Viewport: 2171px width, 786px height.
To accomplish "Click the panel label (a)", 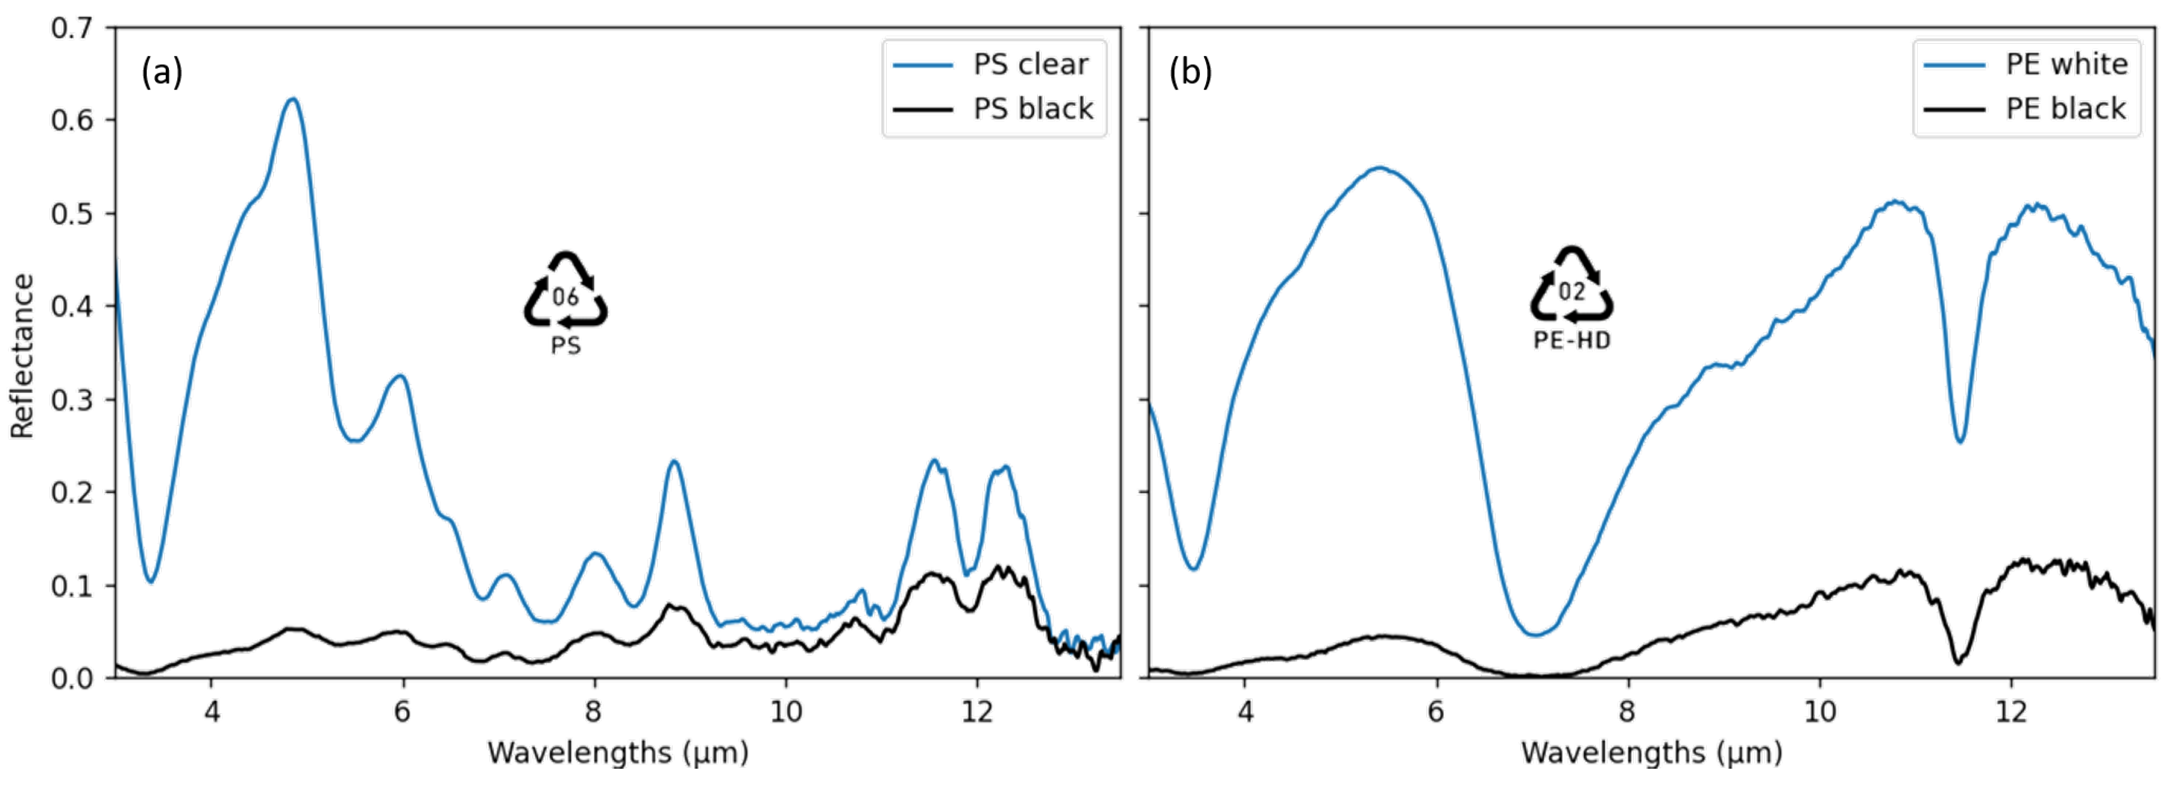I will point(162,72).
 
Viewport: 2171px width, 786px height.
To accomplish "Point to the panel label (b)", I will point(1190,72).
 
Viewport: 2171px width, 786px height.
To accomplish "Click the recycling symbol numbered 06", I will point(566,290).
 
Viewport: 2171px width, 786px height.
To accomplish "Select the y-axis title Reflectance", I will point(22,356).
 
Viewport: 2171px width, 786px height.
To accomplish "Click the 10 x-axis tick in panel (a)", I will point(785,712).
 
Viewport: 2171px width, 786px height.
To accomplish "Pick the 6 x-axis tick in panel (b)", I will point(1436,712).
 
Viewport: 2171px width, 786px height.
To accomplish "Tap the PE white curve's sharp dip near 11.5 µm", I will point(1960,441).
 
